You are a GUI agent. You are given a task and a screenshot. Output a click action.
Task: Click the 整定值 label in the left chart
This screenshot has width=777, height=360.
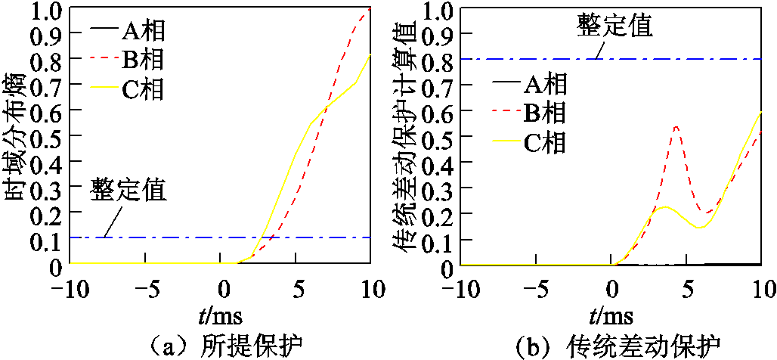click(129, 189)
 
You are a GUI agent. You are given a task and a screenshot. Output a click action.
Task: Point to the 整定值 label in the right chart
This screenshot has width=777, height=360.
click(614, 26)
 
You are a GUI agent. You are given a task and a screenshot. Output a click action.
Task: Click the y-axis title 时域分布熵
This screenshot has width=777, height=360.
click(17, 136)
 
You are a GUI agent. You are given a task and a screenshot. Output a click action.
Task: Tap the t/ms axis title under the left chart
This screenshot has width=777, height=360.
click(220, 312)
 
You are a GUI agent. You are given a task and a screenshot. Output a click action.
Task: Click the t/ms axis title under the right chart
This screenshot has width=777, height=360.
click(611, 312)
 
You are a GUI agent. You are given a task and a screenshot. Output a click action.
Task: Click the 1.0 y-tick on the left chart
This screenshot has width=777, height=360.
click(48, 9)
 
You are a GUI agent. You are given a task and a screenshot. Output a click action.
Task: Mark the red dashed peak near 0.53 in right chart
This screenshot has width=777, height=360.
click(676, 127)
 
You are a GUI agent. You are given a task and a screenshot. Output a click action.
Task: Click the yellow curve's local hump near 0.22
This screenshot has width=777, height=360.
click(664, 206)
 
